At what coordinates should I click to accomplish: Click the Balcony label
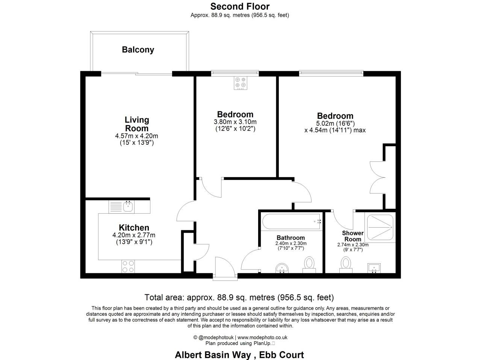[x=138, y=50]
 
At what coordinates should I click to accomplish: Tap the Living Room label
[x=137, y=124]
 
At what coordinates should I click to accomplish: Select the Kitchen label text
[x=134, y=228]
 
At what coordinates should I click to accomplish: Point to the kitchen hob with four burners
[x=128, y=266]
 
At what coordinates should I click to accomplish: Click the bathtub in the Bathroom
[x=291, y=222]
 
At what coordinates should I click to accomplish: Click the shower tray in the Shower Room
[x=379, y=228]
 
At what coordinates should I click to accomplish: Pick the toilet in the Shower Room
[x=346, y=264]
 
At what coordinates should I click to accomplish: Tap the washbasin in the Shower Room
[x=374, y=268]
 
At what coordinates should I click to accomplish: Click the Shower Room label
[x=352, y=236]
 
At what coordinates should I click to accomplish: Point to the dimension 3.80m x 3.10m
[x=235, y=122]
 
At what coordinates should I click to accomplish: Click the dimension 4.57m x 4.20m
[x=136, y=136]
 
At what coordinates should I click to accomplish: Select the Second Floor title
[x=240, y=6]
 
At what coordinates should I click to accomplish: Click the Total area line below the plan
[x=239, y=298]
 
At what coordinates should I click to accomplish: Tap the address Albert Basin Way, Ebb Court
[x=239, y=355]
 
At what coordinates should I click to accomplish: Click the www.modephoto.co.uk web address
[x=262, y=337]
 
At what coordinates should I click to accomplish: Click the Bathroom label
[x=290, y=238]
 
